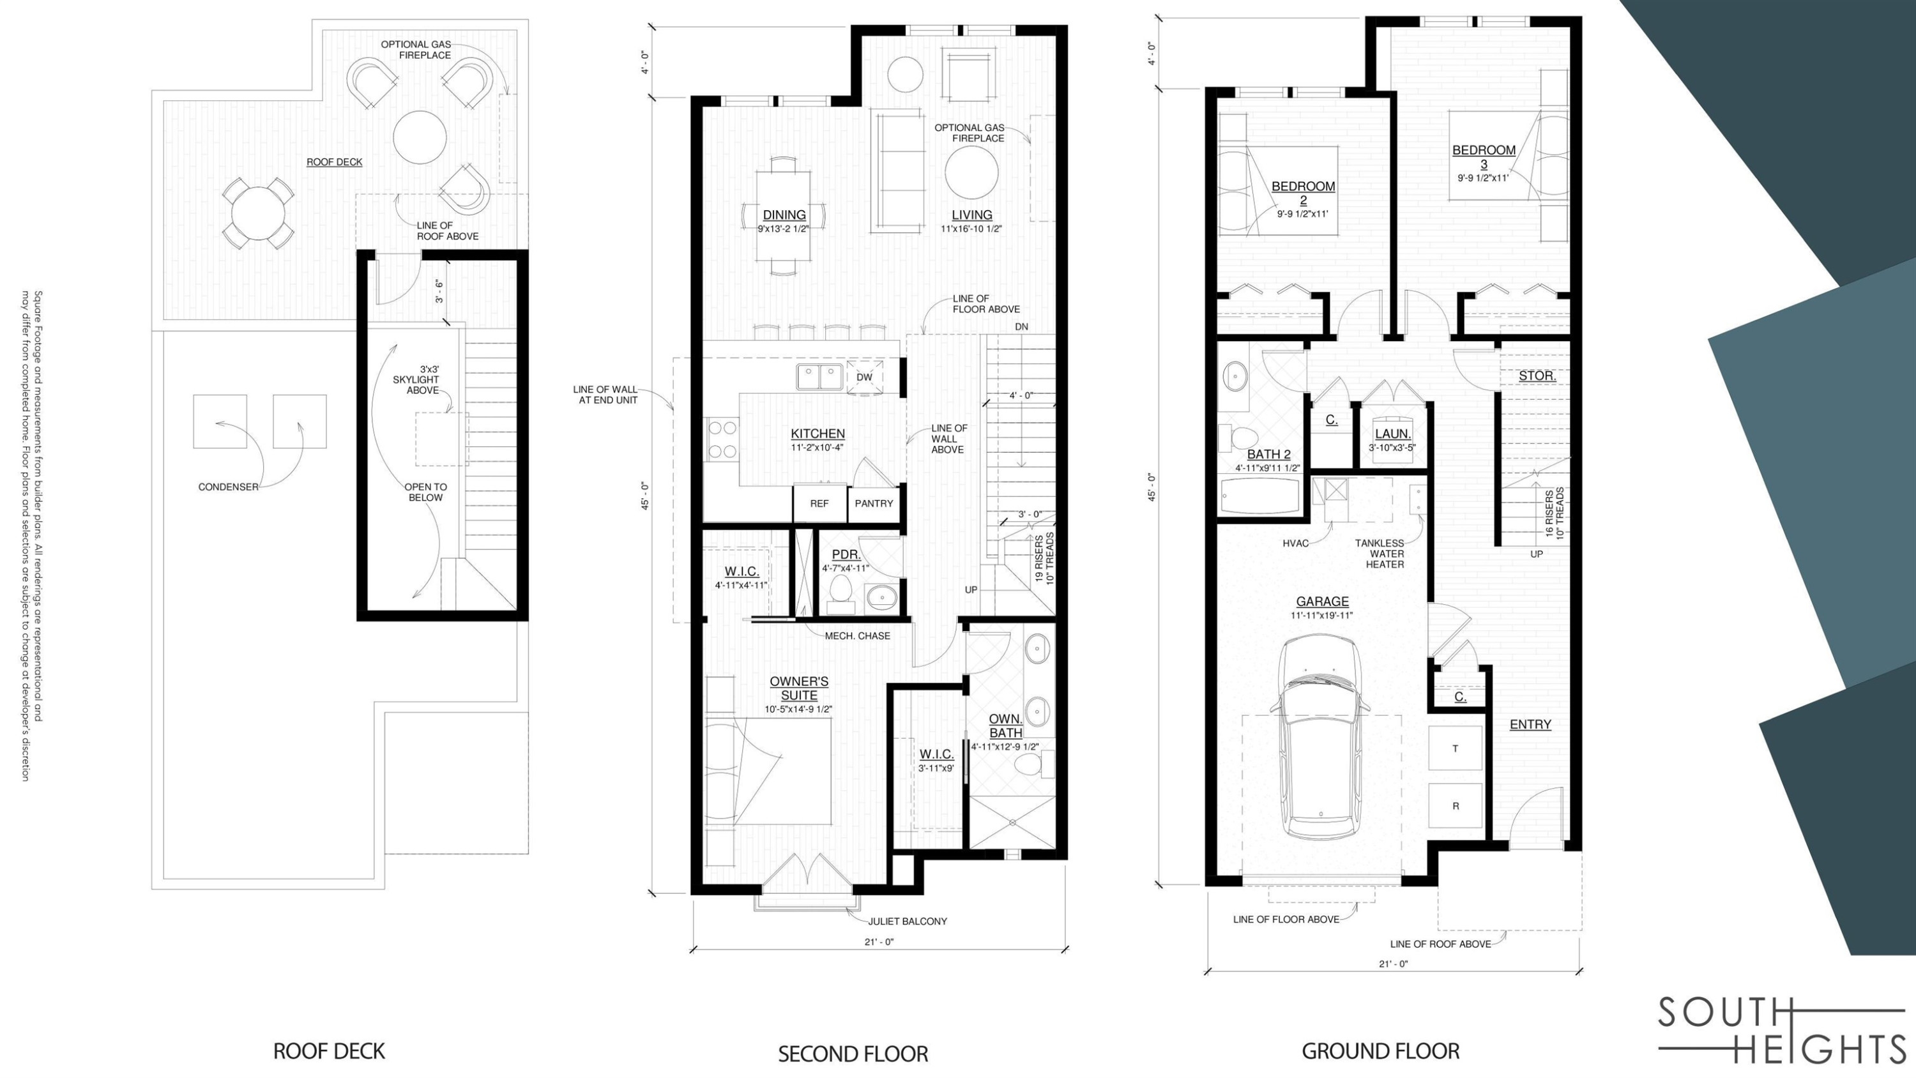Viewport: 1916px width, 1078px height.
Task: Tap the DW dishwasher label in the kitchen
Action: point(863,377)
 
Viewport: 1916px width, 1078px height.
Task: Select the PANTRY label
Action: point(873,504)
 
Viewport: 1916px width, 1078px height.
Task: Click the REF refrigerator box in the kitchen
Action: point(819,504)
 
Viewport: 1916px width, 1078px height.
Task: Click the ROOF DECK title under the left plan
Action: point(329,1051)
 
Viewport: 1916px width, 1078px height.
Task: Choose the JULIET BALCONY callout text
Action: point(908,921)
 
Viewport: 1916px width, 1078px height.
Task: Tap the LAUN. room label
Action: point(1392,434)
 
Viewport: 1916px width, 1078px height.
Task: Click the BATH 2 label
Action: point(1268,454)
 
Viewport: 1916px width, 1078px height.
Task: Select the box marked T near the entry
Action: point(1455,748)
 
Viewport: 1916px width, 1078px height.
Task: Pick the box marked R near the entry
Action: point(1455,806)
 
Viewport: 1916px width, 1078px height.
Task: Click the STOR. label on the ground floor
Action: point(1537,376)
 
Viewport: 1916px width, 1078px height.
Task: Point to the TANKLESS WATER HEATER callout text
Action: point(1384,554)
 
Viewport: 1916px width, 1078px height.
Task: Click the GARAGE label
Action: point(1321,601)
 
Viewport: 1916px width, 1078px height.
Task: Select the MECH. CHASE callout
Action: point(857,635)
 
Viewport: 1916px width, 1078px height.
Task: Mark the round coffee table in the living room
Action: point(971,172)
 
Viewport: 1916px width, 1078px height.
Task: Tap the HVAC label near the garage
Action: point(1295,543)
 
